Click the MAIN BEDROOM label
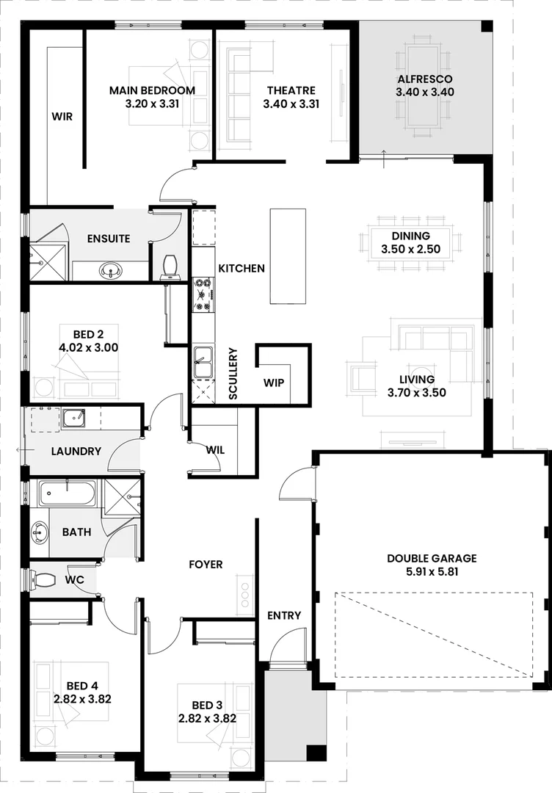coord(152,90)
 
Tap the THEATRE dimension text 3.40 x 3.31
coord(291,104)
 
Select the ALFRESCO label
coord(425,79)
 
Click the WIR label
coord(62,117)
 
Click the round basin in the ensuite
coord(111,270)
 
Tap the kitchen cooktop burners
coord(203,294)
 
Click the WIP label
coord(274,383)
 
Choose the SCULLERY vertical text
coord(233,373)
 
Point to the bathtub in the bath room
coord(67,493)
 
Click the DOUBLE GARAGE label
coord(432,559)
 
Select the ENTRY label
coord(284,615)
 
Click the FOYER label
coord(206,564)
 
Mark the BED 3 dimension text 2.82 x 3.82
coord(207,718)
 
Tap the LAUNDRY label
coord(76,452)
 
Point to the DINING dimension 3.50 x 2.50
coord(410,250)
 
